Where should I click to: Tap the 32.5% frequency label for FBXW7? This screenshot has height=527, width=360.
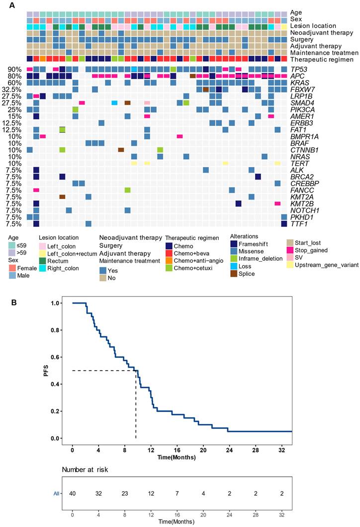[13, 89]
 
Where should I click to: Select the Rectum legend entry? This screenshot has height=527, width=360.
[59, 261]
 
